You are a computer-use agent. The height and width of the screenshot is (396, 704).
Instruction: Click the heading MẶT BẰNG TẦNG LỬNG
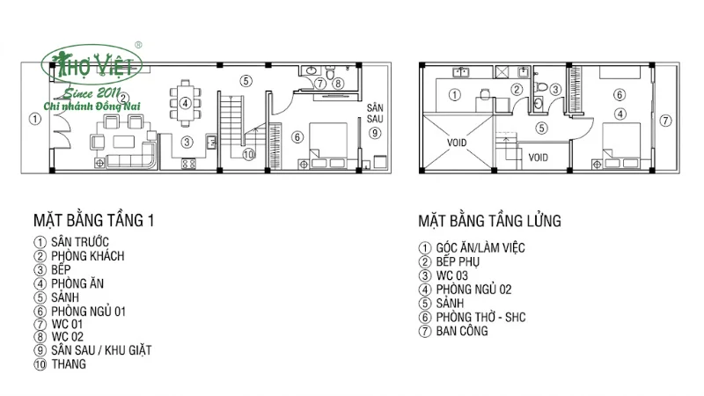pyautogui.click(x=490, y=220)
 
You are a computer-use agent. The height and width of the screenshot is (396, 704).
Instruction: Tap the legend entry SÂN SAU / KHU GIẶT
pyautogui.click(x=100, y=350)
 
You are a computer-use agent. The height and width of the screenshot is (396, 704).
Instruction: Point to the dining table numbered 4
pyautogui.click(x=186, y=101)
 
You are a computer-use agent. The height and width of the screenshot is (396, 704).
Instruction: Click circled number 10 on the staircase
pyautogui.click(x=248, y=154)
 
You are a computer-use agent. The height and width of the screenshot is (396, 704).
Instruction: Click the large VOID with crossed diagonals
pyautogui.click(x=458, y=142)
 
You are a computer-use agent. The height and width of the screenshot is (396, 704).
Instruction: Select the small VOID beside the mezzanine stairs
pyautogui.click(x=539, y=158)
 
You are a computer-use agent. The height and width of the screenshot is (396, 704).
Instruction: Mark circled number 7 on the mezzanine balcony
pyautogui.click(x=665, y=120)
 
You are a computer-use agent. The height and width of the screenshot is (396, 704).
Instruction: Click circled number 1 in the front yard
pyautogui.click(x=33, y=119)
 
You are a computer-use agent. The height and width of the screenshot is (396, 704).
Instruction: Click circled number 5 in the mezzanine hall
pyautogui.click(x=542, y=128)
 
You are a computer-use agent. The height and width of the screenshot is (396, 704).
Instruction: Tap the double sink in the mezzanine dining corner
pyautogui.click(x=461, y=73)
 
